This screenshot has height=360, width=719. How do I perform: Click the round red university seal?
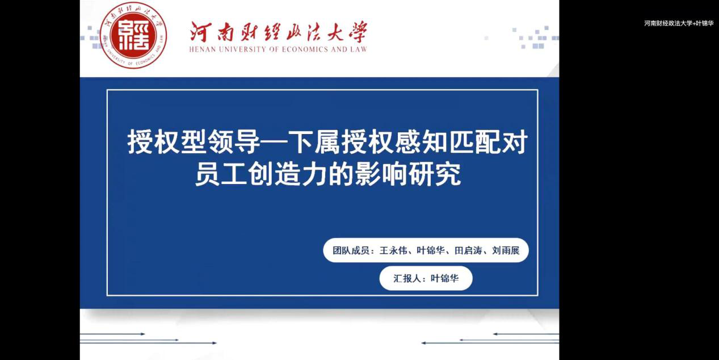click(x=133, y=35)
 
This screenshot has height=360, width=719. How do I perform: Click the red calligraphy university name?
click(x=279, y=32)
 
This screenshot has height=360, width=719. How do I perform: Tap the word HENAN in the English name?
click(x=200, y=49)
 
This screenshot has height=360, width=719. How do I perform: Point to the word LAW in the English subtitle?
click(x=359, y=49)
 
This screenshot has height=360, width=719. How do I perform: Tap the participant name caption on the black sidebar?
click(x=679, y=23)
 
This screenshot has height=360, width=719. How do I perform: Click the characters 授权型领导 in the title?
click(x=194, y=142)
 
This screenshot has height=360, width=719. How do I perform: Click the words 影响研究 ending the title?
click(x=408, y=174)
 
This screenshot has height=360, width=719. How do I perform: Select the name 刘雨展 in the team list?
click(x=506, y=250)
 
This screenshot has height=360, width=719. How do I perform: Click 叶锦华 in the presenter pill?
click(x=444, y=278)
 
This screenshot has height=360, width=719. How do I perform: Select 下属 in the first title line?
click(x=314, y=142)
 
